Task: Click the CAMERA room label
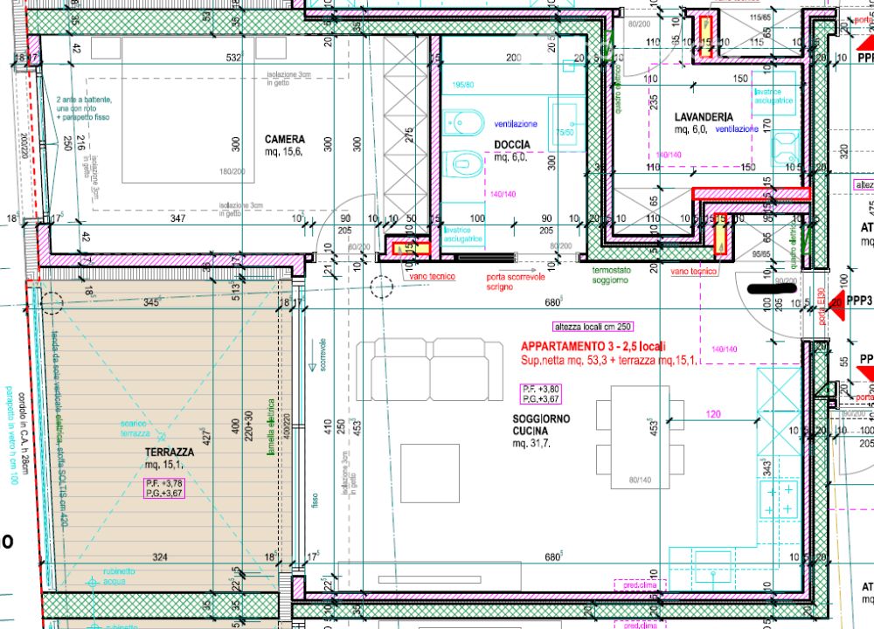pos(285,139)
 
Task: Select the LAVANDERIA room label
pos(704,117)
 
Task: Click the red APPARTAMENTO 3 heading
pos(592,346)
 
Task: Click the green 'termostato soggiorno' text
pos(609,275)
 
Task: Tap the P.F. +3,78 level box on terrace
pos(164,487)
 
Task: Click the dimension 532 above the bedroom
pos(232,59)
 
